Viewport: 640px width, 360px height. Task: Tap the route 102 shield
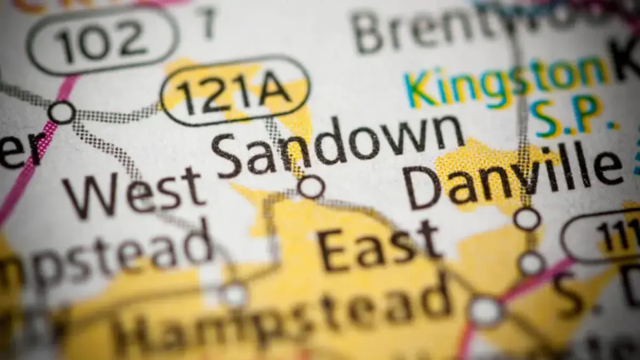click(101, 41)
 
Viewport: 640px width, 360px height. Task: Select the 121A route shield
click(235, 90)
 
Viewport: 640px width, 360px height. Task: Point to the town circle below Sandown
click(310, 187)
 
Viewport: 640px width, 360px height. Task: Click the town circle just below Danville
click(527, 219)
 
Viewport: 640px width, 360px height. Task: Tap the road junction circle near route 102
click(61, 113)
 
